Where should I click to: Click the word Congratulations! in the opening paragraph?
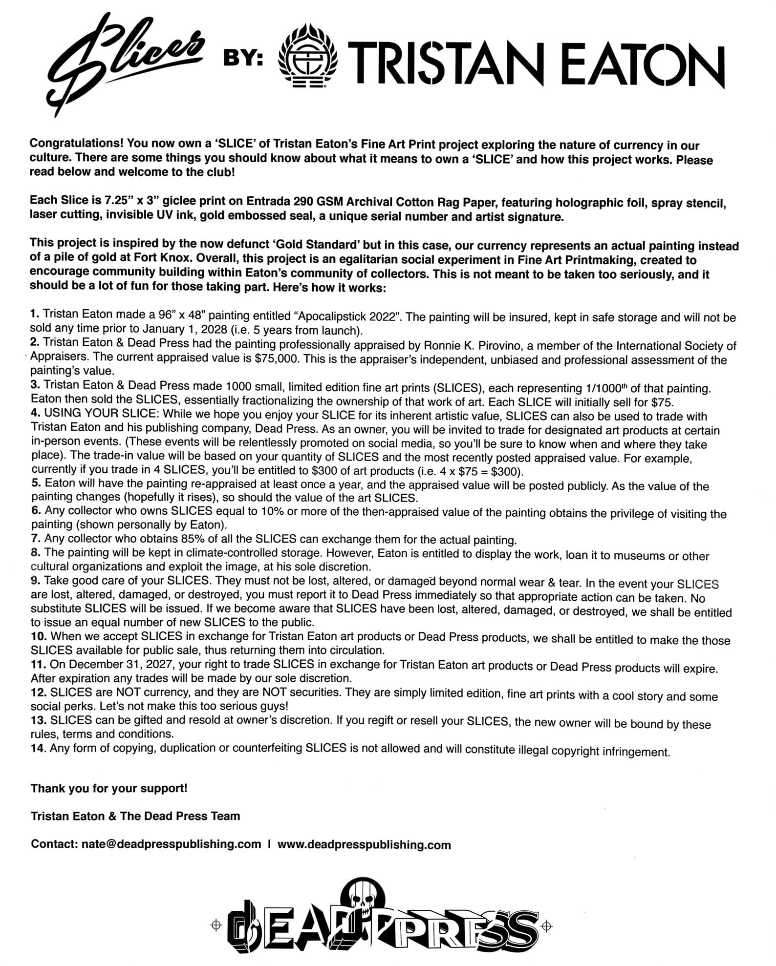tap(75, 144)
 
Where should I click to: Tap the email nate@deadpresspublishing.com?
tap(171, 844)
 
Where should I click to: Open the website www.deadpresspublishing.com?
tap(364, 845)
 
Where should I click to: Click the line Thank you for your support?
tap(109, 788)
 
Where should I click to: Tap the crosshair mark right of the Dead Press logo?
tap(547, 925)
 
